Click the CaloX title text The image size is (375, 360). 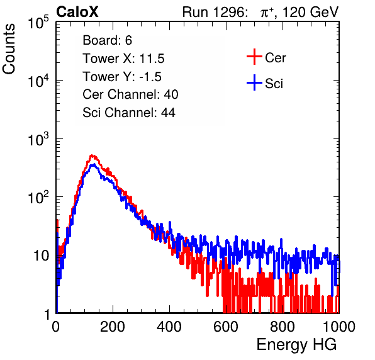(x=77, y=12)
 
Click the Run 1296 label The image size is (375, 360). (x=215, y=12)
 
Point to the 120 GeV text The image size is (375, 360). (x=310, y=12)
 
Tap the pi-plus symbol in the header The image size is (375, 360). (x=267, y=13)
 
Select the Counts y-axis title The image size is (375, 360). (x=9, y=49)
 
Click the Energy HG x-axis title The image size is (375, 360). (x=296, y=345)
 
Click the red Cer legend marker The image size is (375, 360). (x=254, y=57)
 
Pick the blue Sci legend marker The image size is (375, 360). (x=254, y=82)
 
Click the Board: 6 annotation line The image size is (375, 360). (x=107, y=40)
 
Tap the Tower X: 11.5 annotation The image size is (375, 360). (x=123, y=59)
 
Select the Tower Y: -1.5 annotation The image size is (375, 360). (x=122, y=77)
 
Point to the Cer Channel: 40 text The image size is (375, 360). (x=130, y=94)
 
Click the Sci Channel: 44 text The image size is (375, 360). (x=129, y=113)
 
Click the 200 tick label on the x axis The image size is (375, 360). (x=113, y=327)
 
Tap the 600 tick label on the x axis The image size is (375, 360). (x=226, y=327)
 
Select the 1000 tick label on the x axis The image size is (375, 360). (x=339, y=327)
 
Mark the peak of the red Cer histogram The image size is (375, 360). (x=92, y=155)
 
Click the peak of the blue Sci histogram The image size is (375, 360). (x=94, y=164)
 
